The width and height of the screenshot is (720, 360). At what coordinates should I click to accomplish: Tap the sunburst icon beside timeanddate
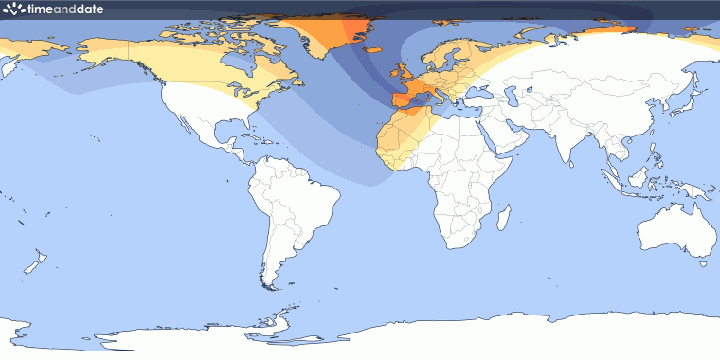coord(12,9)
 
